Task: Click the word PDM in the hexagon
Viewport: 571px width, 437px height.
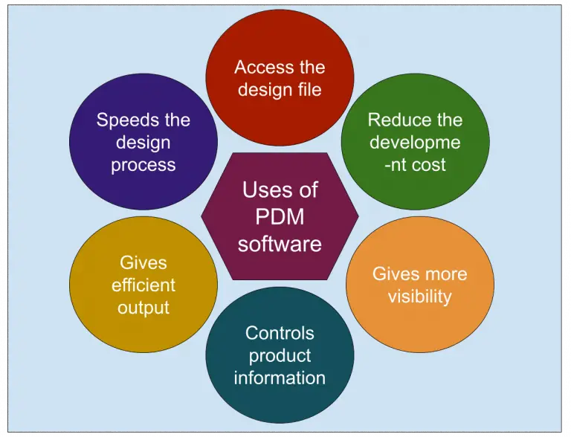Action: pos(280,216)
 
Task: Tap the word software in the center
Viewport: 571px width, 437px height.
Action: pos(280,243)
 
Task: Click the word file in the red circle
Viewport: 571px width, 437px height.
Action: pos(312,90)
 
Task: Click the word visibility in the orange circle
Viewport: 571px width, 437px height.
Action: pos(419,296)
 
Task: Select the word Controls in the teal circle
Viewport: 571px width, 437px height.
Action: pos(280,333)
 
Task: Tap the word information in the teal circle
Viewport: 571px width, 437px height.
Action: pos(280,378)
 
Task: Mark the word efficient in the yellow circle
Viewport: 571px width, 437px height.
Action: pos(143,285)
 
